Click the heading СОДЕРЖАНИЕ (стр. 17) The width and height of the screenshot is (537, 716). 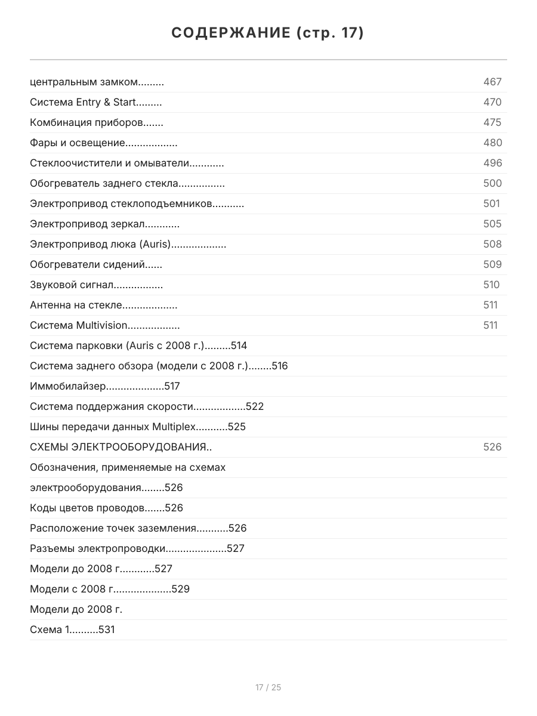[268, 33]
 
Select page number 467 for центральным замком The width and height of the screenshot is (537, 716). [492, 82]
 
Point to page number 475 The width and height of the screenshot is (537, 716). [492, 122]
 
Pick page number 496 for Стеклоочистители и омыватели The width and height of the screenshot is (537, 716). [492, 163]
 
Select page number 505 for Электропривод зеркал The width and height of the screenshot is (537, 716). [492, 224]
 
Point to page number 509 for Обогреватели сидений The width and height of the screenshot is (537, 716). [492, 264]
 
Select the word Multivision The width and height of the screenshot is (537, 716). [101, 325]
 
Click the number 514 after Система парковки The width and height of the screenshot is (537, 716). [239, 345]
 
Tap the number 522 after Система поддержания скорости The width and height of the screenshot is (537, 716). [255, 406]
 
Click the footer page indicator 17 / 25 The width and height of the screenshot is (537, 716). [268, 687]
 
